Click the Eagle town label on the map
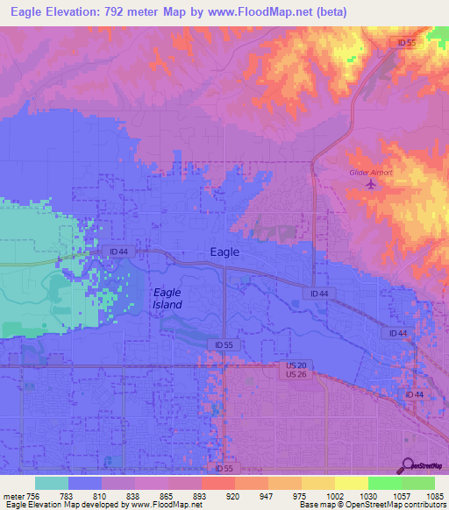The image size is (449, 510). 224,252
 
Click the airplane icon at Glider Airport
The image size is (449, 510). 370,185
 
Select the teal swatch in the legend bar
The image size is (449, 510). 51,483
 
